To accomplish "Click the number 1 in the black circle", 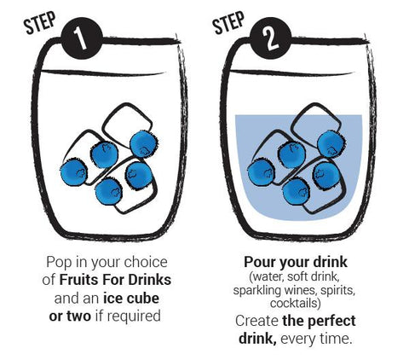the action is point(80,38).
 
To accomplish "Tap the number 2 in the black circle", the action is point(269,38).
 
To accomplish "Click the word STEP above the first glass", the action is point(40,23).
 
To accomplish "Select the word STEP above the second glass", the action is point(228,23).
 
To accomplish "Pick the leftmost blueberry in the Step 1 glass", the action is point(74,172).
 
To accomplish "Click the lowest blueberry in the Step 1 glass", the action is point(109,191).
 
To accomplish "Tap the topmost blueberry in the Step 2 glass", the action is point(331,144).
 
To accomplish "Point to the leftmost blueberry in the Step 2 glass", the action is point(262,172).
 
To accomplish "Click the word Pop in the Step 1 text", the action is point(59,263).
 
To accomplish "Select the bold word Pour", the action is point(260,262).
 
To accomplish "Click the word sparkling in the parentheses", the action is point(258,291).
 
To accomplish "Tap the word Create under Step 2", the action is point(257,321).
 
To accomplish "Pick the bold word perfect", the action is point(331,322).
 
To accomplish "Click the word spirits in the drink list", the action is point(339,291).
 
